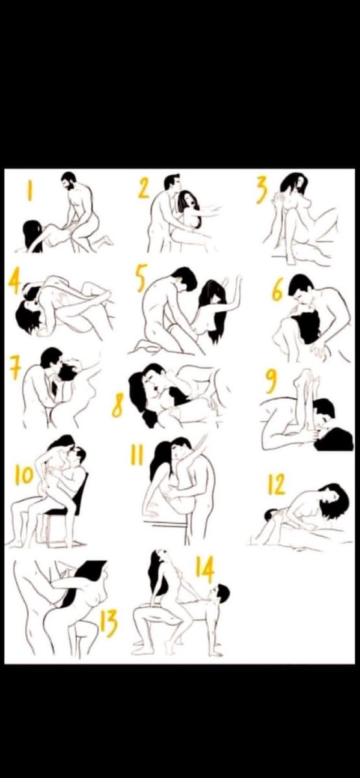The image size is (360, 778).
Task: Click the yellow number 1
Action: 30,191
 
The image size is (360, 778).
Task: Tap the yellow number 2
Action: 144,189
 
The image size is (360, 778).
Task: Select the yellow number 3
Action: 262,190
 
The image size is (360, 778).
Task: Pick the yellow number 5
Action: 141,278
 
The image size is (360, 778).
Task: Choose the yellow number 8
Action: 117,407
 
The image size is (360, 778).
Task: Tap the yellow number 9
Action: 271,381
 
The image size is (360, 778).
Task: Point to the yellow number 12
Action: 276,484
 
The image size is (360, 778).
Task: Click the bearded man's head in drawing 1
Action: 70,181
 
